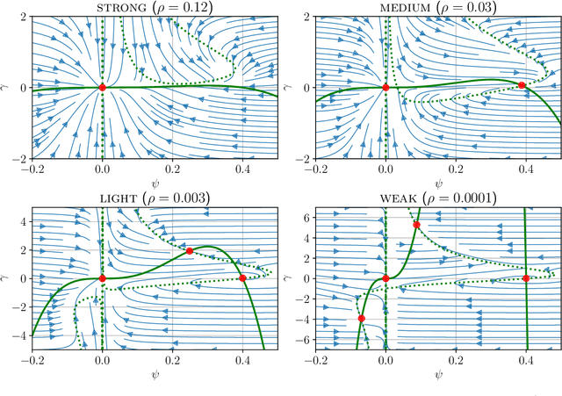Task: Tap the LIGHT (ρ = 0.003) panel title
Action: pos(155,199)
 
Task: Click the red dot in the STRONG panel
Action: pos(102,87)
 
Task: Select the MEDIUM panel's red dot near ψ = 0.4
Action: pos(522,85)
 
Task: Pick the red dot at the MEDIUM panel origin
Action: pos(385,87)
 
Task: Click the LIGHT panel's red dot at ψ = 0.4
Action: pos(242,278)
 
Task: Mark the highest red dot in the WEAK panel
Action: pos(416,225)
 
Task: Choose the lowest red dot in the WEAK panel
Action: pos(361,319)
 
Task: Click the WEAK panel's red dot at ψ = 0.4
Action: pos(526,278)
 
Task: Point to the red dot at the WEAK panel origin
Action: pos(385,278)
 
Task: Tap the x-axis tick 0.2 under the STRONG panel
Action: pos(172,168)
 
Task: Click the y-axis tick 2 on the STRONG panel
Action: pos(21,17)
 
